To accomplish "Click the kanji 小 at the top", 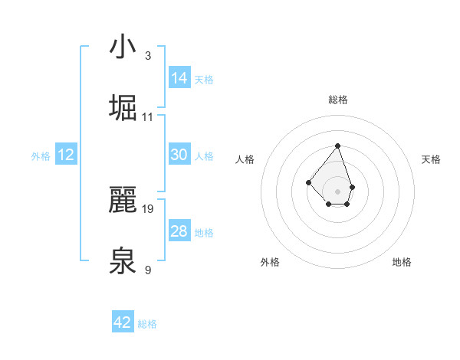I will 122,47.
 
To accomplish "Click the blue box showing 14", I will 179,78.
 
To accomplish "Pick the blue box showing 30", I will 179,155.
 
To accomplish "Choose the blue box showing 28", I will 179,231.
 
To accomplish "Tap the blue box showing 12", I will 66,155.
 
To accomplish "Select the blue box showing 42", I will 123,322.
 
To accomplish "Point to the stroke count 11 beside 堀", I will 148,117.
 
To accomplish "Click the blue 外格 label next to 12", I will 41,156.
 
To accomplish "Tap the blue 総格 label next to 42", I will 147,324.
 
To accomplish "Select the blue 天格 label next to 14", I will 204,80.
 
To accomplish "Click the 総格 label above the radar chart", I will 338,100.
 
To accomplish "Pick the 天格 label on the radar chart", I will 432,159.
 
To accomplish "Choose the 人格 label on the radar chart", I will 245,159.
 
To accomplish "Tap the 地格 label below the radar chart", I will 402,262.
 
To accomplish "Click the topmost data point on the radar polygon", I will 337,146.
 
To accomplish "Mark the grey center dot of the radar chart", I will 337,191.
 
